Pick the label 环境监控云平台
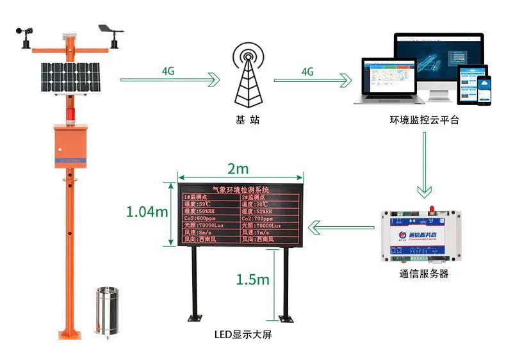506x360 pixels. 424,120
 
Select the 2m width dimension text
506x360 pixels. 239,169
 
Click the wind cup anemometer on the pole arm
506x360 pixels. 26,35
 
